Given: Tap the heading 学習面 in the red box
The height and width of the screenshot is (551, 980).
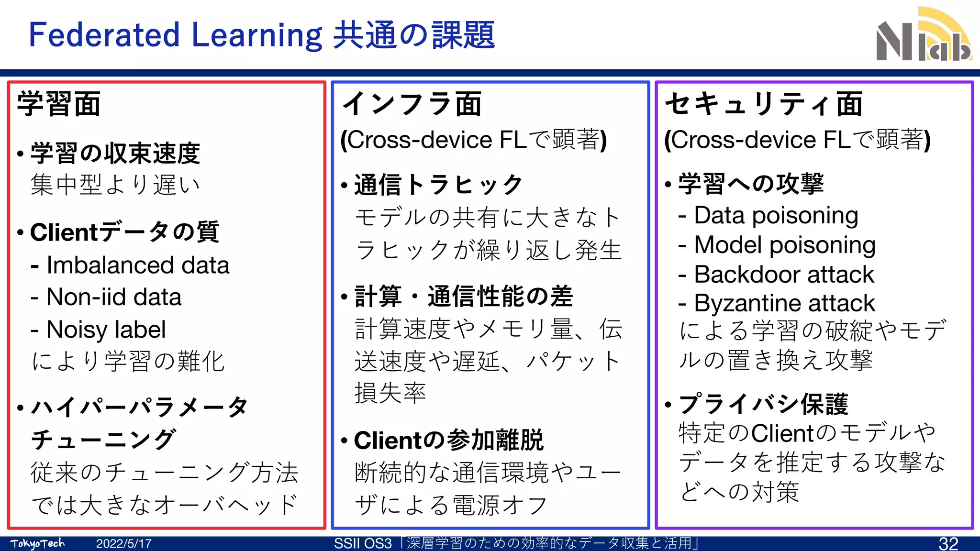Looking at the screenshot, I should (x=59, y=104).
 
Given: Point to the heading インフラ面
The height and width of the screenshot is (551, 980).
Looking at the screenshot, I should (x=412, y=104).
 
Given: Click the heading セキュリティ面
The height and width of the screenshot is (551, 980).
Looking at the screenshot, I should (x=764, y=104).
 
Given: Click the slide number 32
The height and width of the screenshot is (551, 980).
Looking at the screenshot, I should (x=948, y=543).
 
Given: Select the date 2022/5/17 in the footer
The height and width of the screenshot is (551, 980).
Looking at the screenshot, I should (x=123, y=544).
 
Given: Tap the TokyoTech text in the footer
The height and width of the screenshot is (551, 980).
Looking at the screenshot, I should (x=37, y=544).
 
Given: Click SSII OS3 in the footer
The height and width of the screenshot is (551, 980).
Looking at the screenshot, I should (x=363, y=544).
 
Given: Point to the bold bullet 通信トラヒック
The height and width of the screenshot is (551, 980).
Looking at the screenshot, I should (x=438, y=185).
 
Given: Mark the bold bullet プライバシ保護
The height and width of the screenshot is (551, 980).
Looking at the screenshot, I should (x=763, y=404).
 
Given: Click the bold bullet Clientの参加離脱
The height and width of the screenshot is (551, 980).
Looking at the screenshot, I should (x=448, y=441).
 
